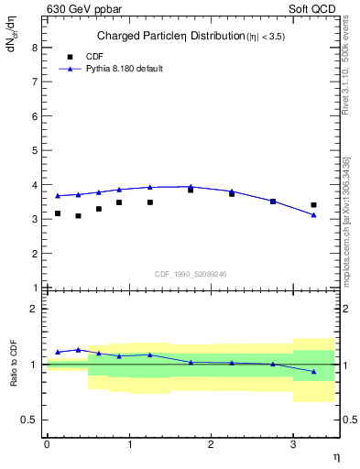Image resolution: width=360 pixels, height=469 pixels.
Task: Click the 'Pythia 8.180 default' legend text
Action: point(124,69)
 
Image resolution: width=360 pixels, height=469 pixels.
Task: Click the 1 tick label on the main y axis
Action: point(36,288)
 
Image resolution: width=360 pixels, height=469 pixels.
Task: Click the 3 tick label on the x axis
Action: point(293,444)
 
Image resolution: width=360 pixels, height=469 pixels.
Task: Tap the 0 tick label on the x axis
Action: point(47,444)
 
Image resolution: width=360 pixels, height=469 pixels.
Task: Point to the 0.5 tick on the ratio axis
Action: point(31,420)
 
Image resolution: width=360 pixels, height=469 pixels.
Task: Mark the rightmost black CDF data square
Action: point(314,205)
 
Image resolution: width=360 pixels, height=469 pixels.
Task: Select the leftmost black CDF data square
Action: point(58,213)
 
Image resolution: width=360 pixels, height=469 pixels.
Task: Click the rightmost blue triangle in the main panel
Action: point(314,215)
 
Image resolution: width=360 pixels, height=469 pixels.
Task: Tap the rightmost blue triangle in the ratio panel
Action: point(314,371)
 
